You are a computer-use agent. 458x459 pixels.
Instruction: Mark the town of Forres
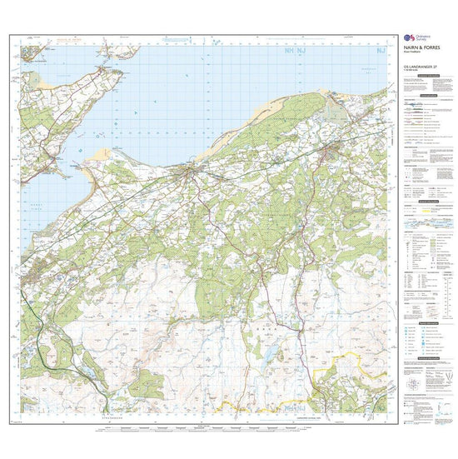point(335,150)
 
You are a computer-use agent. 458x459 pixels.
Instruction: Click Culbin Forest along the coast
point(266,125)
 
